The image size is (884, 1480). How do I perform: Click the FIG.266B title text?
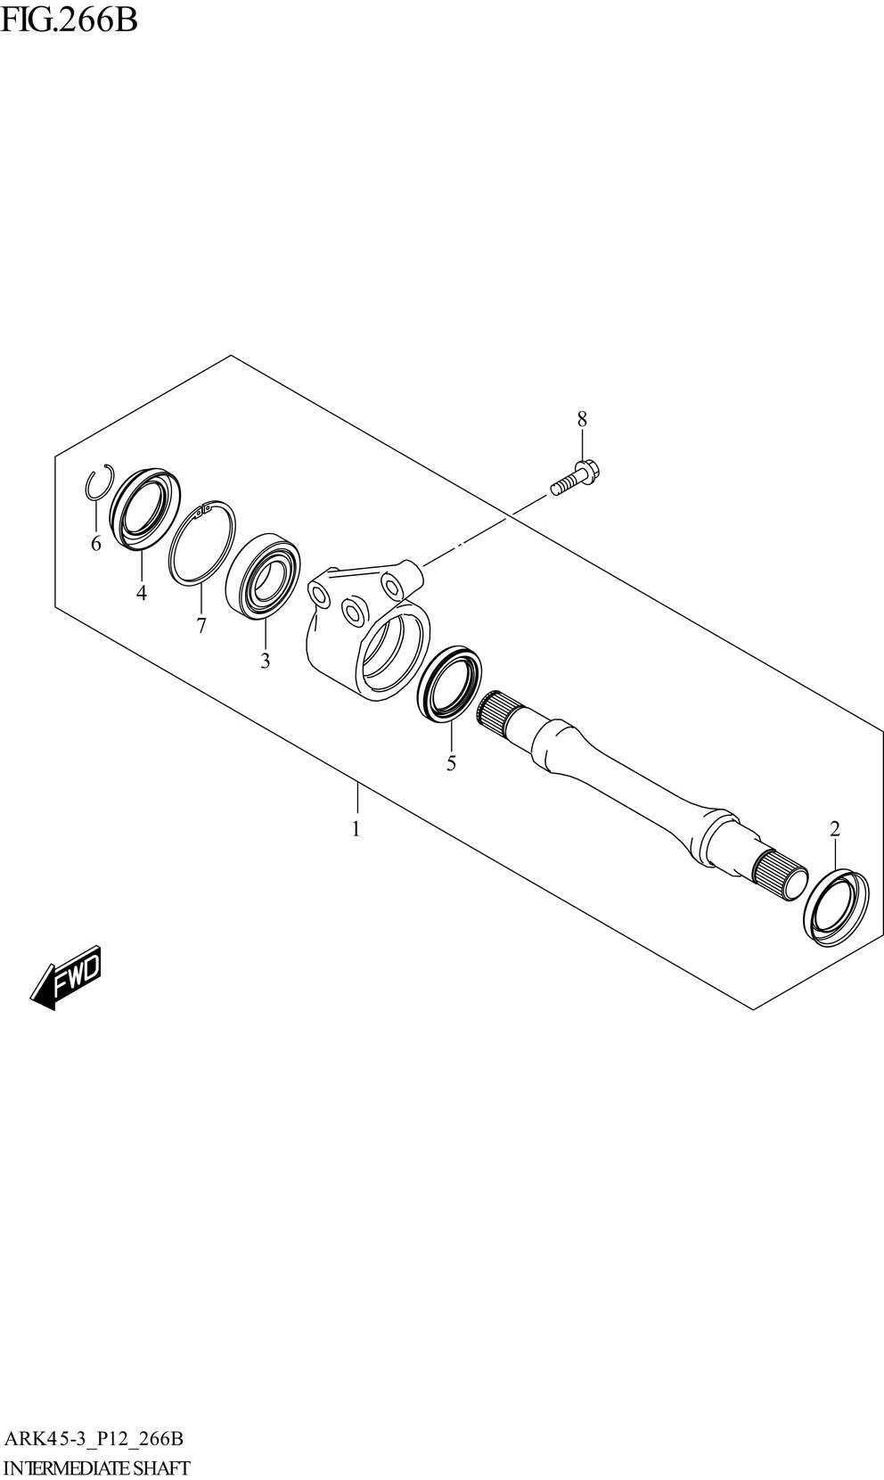[x=69, y=21]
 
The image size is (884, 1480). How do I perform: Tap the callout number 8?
[x=582, y=419]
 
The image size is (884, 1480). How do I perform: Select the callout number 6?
[x=96, y=545]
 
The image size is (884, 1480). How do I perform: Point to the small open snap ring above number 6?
[x=100, y=482]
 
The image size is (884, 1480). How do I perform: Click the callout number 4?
[x=142, y=593]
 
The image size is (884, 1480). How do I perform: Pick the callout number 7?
[x=201, y=625]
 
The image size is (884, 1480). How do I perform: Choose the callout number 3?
[x=265, y=661]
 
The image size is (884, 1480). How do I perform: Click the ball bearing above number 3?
[x=263, y=576]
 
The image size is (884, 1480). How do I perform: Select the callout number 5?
[x=451, y=764]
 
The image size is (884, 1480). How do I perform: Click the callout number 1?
[x=356, y=828]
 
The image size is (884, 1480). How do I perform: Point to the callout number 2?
[x=834, y=828]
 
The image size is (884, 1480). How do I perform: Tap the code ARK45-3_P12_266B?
[x=94, y=1438]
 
